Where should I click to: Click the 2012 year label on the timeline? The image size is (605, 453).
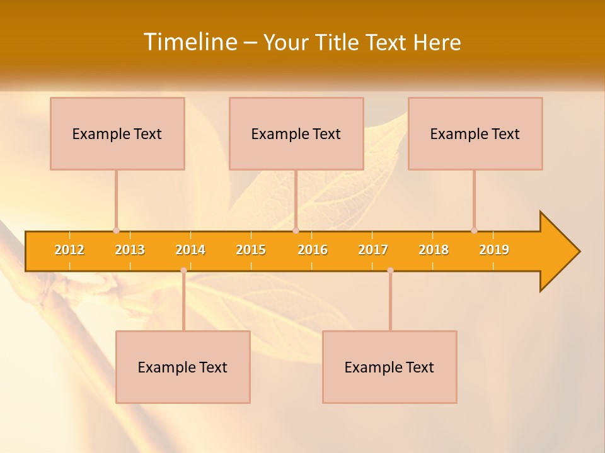[69, 250]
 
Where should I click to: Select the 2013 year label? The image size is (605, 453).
[130, 250]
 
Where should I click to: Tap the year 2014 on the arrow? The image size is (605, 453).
[190, 250]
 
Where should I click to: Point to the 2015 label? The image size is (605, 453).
[251, 250]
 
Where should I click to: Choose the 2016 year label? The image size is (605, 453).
[313, 250]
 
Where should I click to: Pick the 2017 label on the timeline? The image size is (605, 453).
[373, 250]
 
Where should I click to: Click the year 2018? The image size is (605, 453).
[434, 250]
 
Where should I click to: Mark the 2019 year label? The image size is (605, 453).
[494, 250]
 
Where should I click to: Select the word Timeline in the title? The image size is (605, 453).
[189, 42]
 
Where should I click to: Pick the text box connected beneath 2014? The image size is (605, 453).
[183, 367]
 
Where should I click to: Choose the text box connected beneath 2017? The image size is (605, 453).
[389, 367]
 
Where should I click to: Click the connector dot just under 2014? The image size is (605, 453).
[183, 270]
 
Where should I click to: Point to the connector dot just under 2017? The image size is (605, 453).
[390, 270]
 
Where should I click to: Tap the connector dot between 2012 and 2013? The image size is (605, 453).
[116, 230]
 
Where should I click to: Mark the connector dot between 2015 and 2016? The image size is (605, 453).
[296, 230]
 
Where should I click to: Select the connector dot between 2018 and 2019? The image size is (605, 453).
[474, 230]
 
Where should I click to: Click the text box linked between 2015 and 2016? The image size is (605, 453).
[296, 133]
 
